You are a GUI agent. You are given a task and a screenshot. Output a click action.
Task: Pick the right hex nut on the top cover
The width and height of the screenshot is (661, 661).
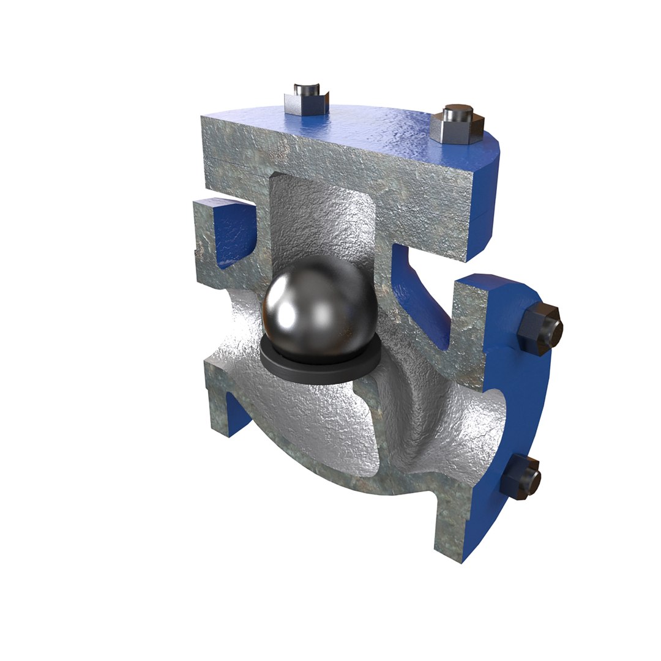[455, 129]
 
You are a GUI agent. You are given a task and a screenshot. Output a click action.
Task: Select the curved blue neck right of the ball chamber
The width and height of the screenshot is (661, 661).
[422, 300]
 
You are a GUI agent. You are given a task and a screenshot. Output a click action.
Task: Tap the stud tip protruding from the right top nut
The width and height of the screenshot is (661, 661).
[456, 113]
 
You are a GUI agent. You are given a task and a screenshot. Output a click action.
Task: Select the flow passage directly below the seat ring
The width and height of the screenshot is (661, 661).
[306, 422]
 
